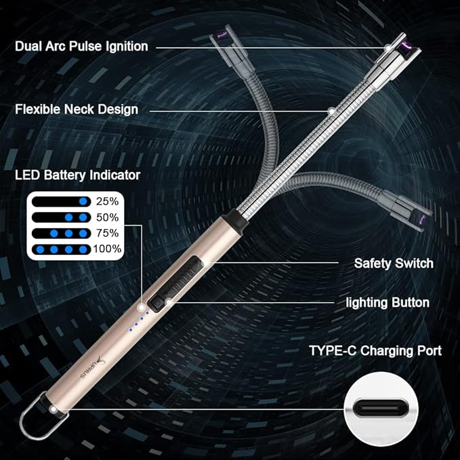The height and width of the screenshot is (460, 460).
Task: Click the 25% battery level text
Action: tap(107, 202)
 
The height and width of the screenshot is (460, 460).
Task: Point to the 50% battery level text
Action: tap(107, 217)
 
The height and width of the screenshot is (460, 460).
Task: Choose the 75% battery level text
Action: tap(107, 233)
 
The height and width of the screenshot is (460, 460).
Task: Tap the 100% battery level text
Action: tap(107, 249)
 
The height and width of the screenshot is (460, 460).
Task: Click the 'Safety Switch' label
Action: tap(394, 263)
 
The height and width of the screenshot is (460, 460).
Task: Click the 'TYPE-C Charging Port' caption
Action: tap(375, 351)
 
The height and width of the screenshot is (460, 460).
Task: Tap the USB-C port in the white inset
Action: tap(379, 409)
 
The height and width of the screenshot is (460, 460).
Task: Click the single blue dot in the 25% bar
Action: tap(83, 202)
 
